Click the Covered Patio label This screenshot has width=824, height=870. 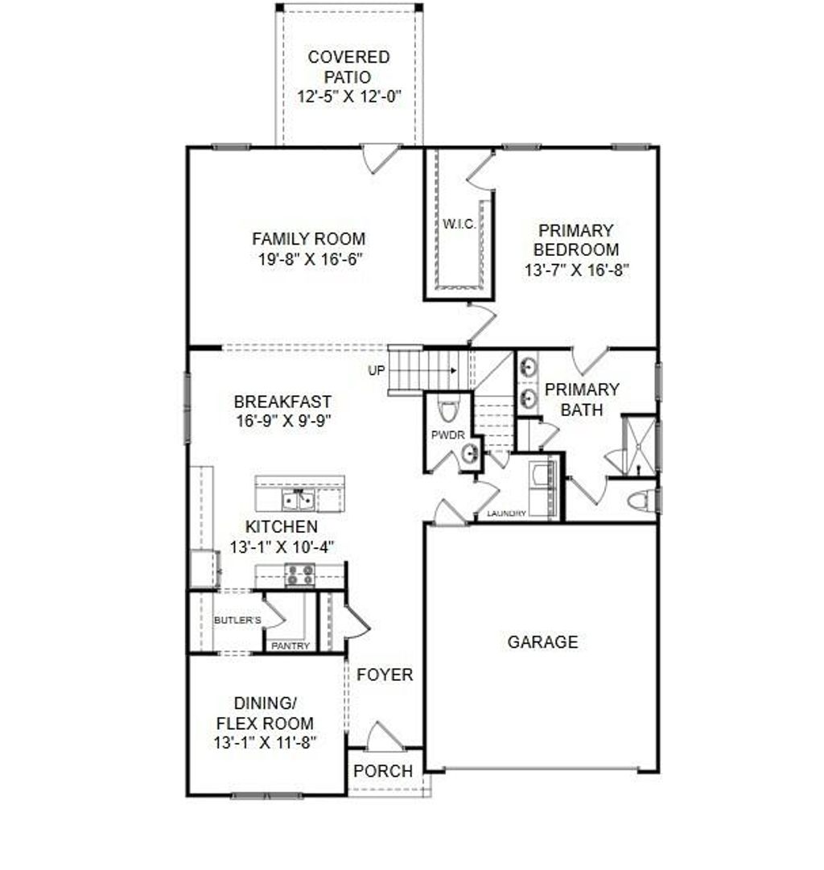[348, 68]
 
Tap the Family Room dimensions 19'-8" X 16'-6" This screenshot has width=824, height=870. [308, 259]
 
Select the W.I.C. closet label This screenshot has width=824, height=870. [459, 223]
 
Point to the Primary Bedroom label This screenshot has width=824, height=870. [575, 240]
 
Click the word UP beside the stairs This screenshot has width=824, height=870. [376, 371]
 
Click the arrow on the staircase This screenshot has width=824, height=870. [454, 371]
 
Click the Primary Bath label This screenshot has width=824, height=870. [582, 399]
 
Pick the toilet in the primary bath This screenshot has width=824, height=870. [640, 501]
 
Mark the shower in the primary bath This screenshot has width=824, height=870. [640, 445]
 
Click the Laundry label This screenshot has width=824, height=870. [506, 513]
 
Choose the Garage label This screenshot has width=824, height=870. [542, 642]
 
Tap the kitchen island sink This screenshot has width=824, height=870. [298, 501]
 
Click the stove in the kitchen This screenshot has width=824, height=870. [301, 575]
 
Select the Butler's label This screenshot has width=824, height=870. [237, 620]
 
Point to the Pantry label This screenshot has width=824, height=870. [290, 646]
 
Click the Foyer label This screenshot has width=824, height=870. [385, 674]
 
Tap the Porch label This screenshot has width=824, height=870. [383, 771]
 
